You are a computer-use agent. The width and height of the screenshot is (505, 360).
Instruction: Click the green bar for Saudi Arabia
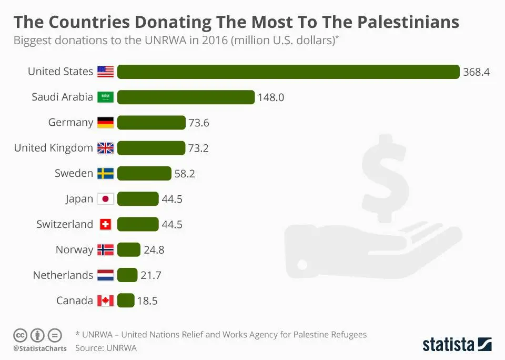point(186,97)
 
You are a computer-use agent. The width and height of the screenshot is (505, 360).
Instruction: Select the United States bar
point(288,72)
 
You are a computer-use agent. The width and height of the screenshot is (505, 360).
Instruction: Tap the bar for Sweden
point(144,173)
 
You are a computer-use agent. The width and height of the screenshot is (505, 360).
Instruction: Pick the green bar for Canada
point(126,301)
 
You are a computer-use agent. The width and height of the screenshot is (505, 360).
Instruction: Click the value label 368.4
point(476,72)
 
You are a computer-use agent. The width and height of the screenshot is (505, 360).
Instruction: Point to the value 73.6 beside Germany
point(199,123)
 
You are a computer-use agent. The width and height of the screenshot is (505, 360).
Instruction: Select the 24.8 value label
point(154,250)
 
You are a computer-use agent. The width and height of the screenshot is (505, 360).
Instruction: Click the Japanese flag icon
point(106,199)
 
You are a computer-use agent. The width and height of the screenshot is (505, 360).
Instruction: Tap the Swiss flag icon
point(106,224)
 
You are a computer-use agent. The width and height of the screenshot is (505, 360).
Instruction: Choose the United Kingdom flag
point(106,148)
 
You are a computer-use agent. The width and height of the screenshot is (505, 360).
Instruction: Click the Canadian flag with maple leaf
point(106,301)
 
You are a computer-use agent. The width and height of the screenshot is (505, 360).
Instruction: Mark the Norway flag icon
point(106,250)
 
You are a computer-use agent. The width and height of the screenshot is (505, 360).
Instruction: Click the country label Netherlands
point(63,275)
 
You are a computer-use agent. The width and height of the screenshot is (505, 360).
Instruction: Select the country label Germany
point(70,123)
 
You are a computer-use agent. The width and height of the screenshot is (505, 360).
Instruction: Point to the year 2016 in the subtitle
point(213,41)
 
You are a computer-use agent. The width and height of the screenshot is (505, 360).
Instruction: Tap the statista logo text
point(449,345)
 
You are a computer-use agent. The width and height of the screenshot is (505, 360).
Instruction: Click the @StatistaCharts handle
point(40,348)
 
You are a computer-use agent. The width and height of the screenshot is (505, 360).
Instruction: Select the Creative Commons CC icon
point(20,335)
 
